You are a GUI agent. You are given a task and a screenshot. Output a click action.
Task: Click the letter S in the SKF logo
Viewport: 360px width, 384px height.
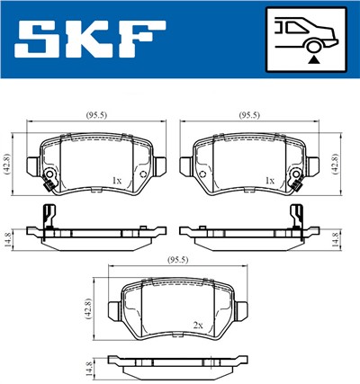40,40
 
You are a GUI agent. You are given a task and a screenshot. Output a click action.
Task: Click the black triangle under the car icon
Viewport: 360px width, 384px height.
312,58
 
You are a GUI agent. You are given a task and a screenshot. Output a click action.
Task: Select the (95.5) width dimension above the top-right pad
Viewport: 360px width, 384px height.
248,115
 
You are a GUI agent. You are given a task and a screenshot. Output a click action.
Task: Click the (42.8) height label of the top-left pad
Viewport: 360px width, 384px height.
8,164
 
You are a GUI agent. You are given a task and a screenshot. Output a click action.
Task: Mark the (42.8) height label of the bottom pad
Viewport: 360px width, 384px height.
89,308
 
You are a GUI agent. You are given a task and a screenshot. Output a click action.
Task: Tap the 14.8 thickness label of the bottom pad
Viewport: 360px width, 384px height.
89,368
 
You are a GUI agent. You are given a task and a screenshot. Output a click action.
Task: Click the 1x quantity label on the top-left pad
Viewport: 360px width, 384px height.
116,180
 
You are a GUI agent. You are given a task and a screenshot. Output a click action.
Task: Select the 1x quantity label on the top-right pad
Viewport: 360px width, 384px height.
269,180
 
